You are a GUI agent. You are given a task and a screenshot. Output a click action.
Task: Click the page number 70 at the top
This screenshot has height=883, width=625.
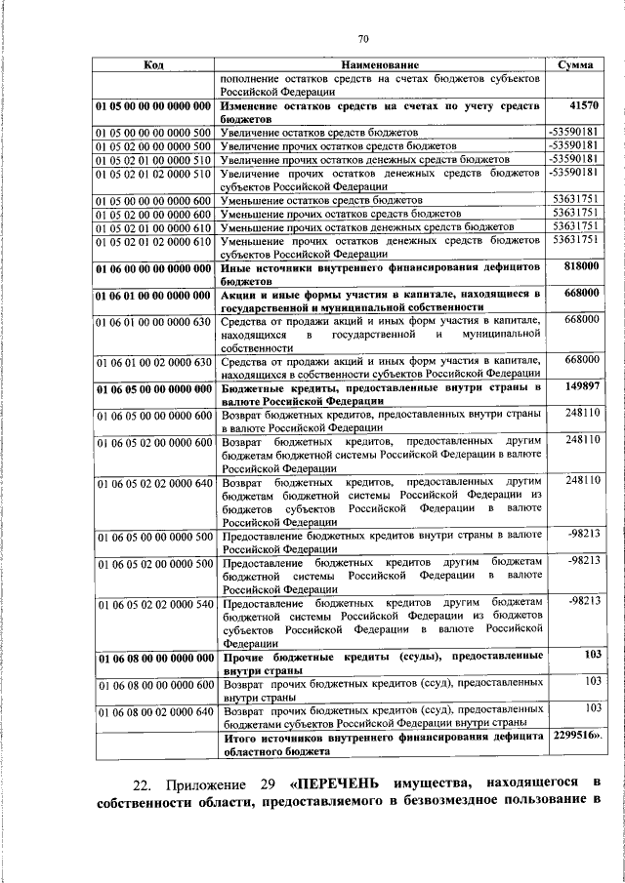point(362,39)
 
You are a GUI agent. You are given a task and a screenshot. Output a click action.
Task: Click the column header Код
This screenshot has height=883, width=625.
point(153,64)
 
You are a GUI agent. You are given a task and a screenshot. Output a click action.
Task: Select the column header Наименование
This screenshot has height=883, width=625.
point(380,64)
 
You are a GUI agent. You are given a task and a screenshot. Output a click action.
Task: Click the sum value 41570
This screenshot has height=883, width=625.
point(583,104)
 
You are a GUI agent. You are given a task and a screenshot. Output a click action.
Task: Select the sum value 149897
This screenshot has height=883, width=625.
point(581,386)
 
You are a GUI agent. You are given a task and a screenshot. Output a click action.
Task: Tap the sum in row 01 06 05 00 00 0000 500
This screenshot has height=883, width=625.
point(583,535)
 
